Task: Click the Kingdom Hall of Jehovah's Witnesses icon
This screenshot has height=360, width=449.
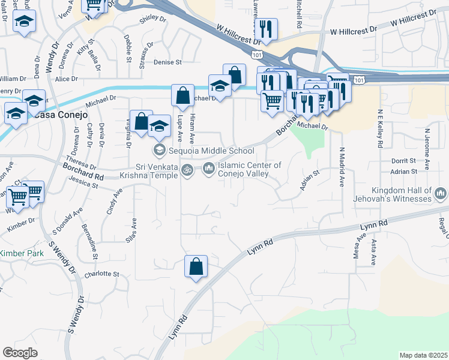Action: tap(441, 193)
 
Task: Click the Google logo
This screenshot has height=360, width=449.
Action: tap(20, 352)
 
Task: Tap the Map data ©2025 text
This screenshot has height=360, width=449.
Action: tap(423, 355)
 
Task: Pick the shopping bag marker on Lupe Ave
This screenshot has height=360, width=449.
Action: tap(182, 95)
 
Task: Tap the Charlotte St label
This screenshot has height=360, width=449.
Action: tap(98, 274)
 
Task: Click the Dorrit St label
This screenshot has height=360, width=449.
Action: tap(403, 161)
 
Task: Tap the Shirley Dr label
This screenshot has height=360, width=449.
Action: tap(152, 19)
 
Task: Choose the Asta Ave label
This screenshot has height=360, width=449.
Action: tap(373, 253)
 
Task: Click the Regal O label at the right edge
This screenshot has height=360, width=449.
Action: tap(442, 229)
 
